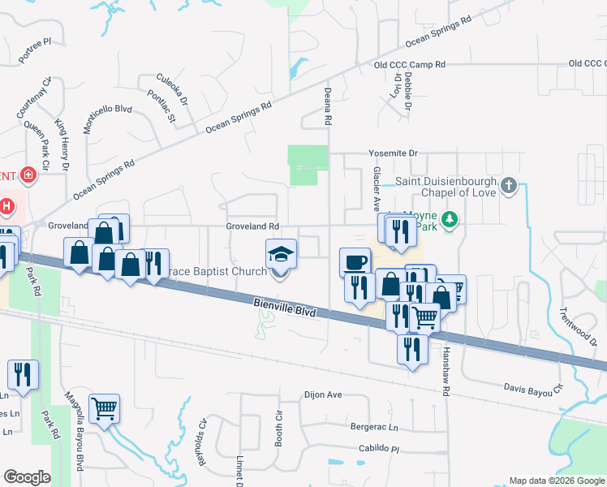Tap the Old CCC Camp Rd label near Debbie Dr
[410, 64]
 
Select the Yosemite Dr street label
[392, 153]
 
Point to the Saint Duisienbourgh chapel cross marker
[508, 186]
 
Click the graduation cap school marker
[281, 254]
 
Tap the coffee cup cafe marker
[355, 262]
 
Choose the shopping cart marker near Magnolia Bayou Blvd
[104, 408]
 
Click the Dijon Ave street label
[323, 395]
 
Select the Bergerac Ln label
[374, 427]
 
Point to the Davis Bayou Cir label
[532, 390]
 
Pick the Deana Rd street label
[329, 106]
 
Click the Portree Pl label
[34, 50]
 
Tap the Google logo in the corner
[27, 477]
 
